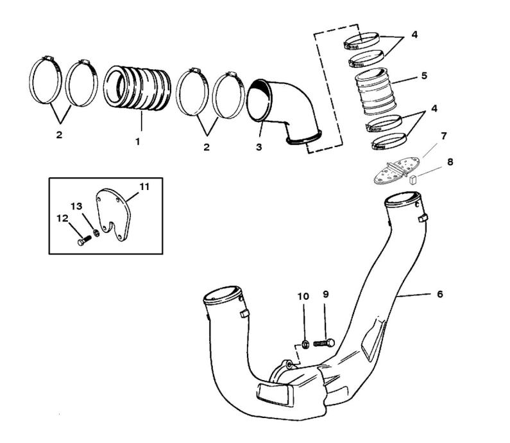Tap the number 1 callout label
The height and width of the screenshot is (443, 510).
[x=137, y=141]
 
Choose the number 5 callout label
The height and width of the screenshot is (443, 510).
[x=424, y=76]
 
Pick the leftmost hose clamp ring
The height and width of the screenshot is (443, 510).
[x=48, y=84]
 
